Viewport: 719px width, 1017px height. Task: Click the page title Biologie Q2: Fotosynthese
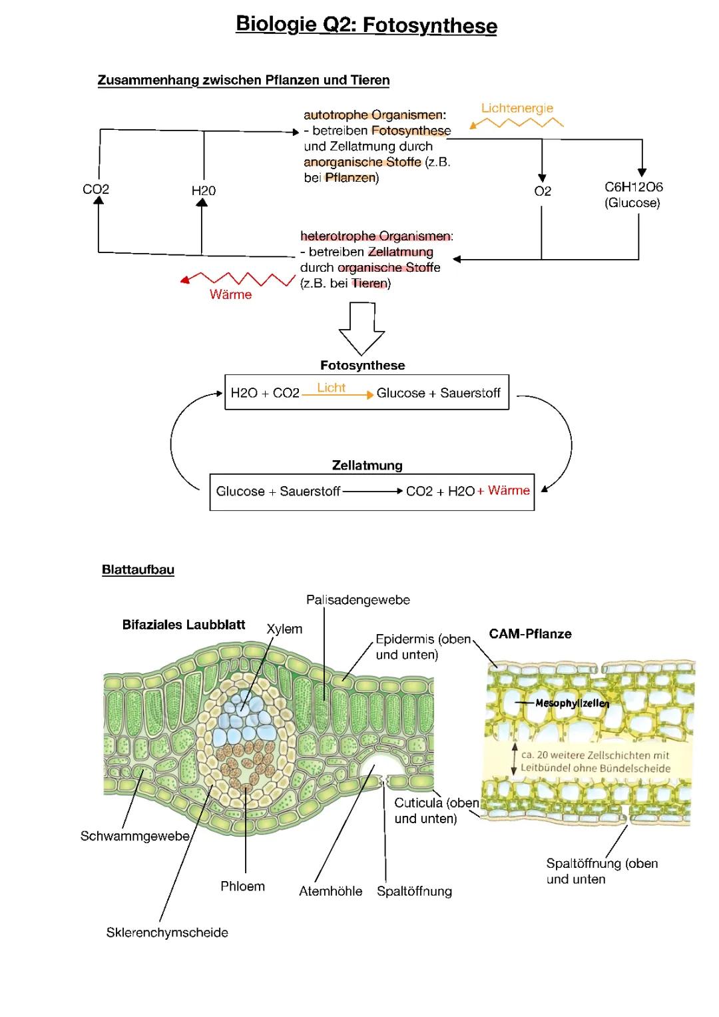tap(366, 25)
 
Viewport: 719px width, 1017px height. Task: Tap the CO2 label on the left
tap(96, 190)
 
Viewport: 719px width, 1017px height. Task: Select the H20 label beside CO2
tap(204, 191)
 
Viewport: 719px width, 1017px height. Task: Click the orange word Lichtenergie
tap(517, 108)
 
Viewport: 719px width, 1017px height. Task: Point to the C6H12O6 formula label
tap(633, 188)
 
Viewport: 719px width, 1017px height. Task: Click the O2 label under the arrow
tap(543, 192)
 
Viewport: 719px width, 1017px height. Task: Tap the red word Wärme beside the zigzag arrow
tap(230, 295)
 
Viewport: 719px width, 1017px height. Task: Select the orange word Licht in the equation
tap(331, 388)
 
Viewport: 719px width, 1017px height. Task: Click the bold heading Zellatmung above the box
tap(367, 466)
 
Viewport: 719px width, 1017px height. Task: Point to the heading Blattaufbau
tap(138, 569)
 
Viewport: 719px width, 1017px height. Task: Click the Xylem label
tap(284, 629)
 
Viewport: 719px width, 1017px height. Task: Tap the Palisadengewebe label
tap(358, 600)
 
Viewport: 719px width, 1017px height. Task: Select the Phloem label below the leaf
tap(242, 886)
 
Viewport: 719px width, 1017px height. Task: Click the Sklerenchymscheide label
tap(167, 933)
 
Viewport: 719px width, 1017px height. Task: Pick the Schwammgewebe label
tap(135, 836)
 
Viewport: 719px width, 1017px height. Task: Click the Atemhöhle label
tap(330, 892)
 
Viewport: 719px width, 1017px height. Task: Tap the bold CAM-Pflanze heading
tap(530, 634)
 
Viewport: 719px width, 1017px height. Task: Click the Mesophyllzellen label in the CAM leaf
tap(572, 703)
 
